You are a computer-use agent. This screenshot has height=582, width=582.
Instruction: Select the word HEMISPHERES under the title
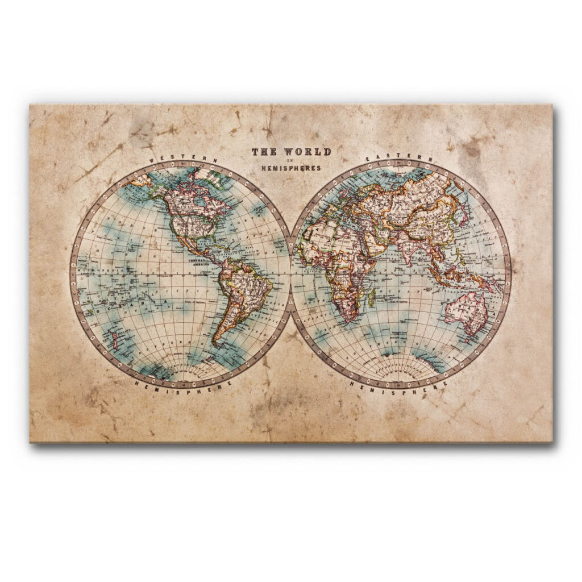291,168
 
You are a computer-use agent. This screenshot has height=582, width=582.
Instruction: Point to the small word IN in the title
291,160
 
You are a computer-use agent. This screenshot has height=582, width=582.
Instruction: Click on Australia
467,313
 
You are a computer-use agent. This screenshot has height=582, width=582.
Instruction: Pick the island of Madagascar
372,297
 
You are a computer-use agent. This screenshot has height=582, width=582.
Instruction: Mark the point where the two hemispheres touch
291,273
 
